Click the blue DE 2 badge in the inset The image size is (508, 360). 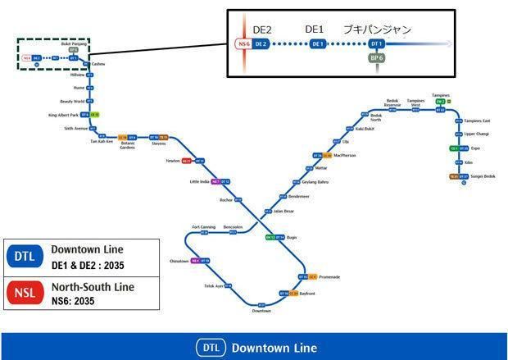pyautogui.click(x=261, y=43)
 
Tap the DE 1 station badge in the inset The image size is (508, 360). pyautogui.click(x=318, y=43)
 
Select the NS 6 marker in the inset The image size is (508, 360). pyautogui.click(x=243, y=43)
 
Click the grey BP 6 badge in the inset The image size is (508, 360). pyautogui.click(x=377, y=59)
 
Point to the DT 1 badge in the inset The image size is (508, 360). pyautogui.click(x=377, y=43)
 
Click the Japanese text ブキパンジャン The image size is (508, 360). pyautogui.click(x=378, y=29)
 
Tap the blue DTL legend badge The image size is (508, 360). pyautogui.click(x=24, y=257)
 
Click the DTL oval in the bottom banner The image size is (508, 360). pyautogui.click(x=211, y=348)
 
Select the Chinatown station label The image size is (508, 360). pyautogui.click(x=179, y=260)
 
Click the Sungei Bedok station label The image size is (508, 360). pyautogui.click(x=483, y=176)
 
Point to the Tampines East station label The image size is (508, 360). pyautogui.click(x=477, y=120)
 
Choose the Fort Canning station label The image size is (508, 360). pyautogui.click(x=203, y=226)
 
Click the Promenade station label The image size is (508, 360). pyautogui.click(x=329, y=277)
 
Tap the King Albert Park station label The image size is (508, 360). pyautogui.click(x=63, y=115)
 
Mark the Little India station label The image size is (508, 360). pyautogui.click(x=199, y=181)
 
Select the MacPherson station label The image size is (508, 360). pyautogui.click(x=345, y=155)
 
